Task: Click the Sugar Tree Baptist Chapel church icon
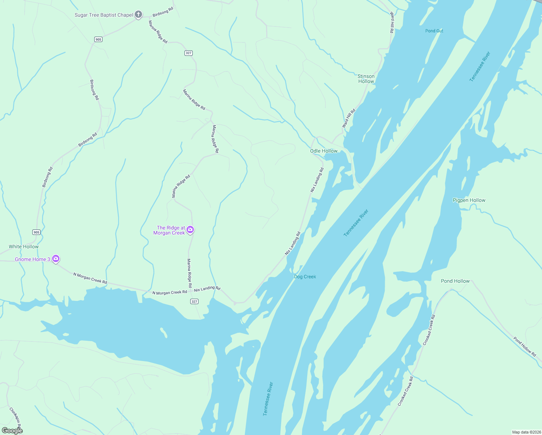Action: [x=138, y=15]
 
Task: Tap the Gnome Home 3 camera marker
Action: [x=56, y=259]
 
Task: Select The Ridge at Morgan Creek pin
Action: [x=190, y=230]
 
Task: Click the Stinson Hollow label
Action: [x=366, y=79]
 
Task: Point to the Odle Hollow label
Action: [x=324, y=151]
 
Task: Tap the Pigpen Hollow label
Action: [x=469, y=200]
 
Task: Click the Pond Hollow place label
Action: [x=455, y=281]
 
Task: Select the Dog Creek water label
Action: [x=305, y=277]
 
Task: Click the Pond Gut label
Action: [x=434, y=31]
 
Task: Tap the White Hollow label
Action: [x=24, y=246]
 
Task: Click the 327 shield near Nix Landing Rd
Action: [x=195, y=302]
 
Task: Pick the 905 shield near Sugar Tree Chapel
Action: [x=98, y=39]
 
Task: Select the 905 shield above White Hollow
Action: [x=36, y=232]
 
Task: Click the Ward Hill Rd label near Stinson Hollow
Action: [x=349, y=118]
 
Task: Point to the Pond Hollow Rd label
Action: [x=524, y=347]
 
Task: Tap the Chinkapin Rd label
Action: [x=16, y=418]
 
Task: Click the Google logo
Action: [x=12, y=431]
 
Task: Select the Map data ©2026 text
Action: [x=526, y=432]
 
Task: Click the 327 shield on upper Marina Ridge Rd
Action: [x=188, y=53]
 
